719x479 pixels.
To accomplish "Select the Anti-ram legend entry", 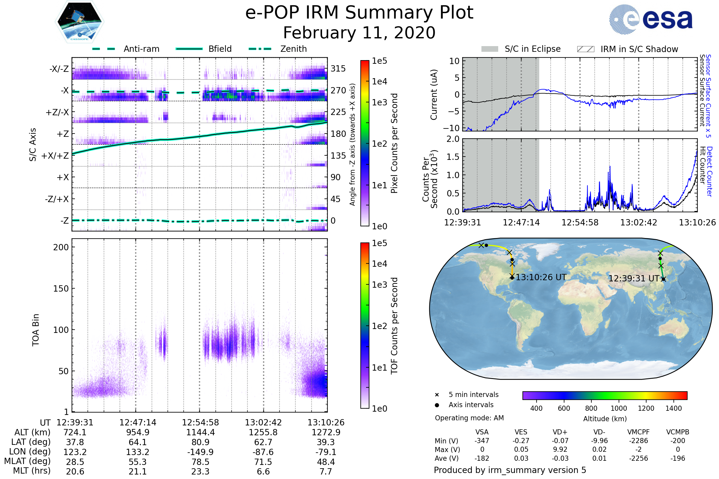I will (141, 49).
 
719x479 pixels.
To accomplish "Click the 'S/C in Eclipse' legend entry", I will (532, 49).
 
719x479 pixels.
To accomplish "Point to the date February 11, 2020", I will (359, 33).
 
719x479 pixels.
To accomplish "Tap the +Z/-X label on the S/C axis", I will (57, 113).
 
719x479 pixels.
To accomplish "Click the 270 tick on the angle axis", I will (338, 90).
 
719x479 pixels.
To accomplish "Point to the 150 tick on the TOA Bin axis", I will (61, 289).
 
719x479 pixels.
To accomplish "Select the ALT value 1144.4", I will (200, 432).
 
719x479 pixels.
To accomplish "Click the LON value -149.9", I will (200, 452).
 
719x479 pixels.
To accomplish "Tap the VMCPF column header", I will (638, 432).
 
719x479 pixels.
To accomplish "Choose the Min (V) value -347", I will (482, 441).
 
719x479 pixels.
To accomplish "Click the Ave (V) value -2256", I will (638, 458).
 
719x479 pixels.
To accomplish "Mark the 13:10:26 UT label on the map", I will (541, 278).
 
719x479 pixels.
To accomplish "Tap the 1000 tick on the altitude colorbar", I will (618, 408).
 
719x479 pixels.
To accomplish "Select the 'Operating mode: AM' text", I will (469, 418).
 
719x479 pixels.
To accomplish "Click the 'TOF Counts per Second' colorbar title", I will (394, 326).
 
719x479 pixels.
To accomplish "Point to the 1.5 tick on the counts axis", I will (453, 157).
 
